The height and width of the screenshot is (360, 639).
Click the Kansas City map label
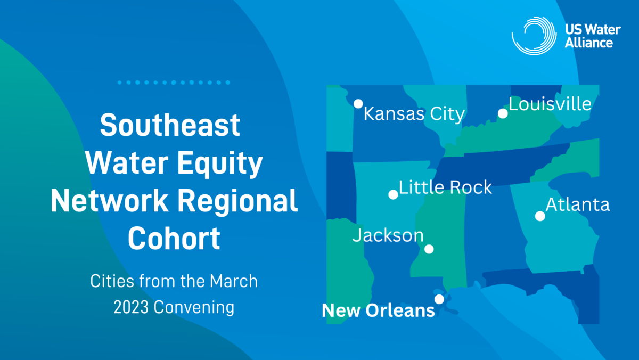(x=414, y=114)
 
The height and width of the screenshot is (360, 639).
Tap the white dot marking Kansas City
(x=358, y=103)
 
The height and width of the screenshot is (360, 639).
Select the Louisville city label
(x=550, y=104)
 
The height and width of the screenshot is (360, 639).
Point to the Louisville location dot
(x=503, y=113)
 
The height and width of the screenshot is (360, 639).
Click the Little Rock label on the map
(x=445, y=187)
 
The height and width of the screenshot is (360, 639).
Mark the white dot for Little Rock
(x=393, y=194)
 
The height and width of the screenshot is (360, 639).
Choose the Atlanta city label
(x=578, y=204)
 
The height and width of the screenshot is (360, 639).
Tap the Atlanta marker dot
(x=540, y=216)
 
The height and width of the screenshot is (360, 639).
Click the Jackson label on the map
(x=388, y=236)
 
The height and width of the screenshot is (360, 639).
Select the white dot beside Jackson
(x=429, y=249)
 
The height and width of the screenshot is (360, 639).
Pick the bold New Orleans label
(x=378, y=310)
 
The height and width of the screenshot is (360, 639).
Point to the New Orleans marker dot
(x=439, y=299)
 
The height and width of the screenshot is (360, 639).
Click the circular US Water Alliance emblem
(x=534, y=36)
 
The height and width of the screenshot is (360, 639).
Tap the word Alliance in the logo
(x=589, y=43)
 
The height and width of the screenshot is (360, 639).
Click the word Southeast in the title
(x=170, y=125)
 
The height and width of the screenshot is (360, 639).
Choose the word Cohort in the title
(x=174, y=239)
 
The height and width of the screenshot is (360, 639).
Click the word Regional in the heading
(x=237, y=201)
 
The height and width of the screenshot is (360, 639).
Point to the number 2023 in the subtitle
(x=131, y=307)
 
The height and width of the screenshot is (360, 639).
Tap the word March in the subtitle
(x=234, y=281)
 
